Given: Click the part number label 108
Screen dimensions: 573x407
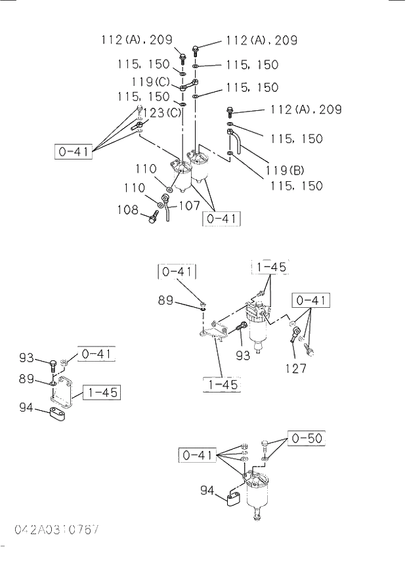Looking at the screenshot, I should click(x=129, y=211).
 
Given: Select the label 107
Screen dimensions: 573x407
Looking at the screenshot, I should click(x=189, y=205).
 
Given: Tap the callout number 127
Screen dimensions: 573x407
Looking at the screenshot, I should click(x=295, y=368).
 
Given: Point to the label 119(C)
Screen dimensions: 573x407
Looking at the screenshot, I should click(x=151, y=82).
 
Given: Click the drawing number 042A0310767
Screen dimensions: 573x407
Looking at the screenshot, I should click(x=58, y=529).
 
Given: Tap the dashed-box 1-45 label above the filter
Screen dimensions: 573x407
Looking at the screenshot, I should click(x=270, y=267).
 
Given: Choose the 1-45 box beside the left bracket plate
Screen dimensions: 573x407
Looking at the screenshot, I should click(x=101, y=393).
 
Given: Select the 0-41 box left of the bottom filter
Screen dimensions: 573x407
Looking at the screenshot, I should click(x=197, y=454).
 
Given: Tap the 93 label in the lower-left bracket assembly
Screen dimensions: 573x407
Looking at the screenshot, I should click(x=26, y=358).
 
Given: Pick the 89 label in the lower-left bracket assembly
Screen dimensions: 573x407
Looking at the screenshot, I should click(x=26, y=379).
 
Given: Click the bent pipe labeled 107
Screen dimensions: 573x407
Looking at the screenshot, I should click(x=167, y=213).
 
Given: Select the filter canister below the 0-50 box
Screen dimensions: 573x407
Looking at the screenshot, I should click(x=255, y=492).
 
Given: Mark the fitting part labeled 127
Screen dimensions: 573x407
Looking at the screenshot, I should click(x=295, y=333).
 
